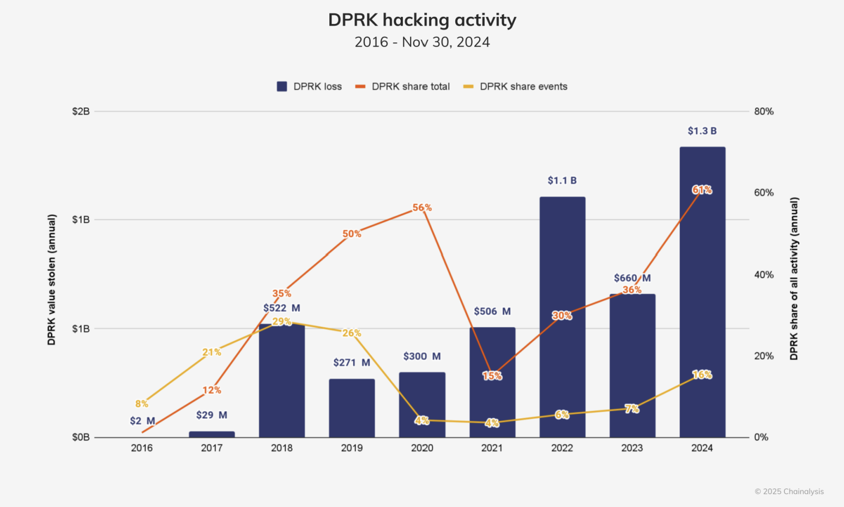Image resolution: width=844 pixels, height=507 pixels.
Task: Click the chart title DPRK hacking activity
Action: tap(422, 20)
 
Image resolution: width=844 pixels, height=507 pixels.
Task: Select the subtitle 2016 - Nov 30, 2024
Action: tap(422, 42)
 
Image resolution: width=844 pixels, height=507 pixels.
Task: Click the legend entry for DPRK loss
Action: tap(310, 87)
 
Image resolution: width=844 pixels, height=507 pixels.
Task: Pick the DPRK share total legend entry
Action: tap(403, 87)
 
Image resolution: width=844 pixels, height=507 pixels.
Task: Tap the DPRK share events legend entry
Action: tap(515, 87)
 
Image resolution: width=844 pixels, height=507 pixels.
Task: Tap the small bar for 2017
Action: tap(212, 434)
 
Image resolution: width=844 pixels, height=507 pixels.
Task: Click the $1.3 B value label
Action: tap(702, 131)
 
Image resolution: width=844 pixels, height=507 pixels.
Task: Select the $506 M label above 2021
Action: tap(492, 311)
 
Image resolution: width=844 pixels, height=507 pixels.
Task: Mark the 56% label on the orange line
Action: tap(422, 208)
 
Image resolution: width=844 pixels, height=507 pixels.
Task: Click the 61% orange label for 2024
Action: tap(702, 190)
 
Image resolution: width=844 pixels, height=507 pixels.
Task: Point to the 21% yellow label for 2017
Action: tap(212, 352)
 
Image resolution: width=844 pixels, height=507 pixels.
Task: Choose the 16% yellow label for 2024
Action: tap(702, 375)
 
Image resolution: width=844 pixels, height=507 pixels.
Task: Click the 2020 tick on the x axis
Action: tap(422, 448)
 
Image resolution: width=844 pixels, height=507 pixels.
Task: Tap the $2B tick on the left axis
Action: tap(81, 111)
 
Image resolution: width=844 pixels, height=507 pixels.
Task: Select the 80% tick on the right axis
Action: tap(763, 111)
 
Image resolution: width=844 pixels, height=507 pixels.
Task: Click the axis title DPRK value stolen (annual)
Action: tap(52, 280)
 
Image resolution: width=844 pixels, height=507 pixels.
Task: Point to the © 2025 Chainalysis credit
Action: tap(789, 491)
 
